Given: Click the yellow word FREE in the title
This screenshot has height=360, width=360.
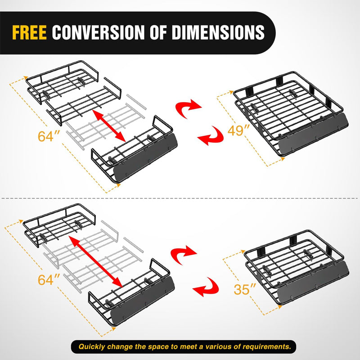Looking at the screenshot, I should (x=30, y=32).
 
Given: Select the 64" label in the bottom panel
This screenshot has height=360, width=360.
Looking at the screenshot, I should (x=49, y=280).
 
